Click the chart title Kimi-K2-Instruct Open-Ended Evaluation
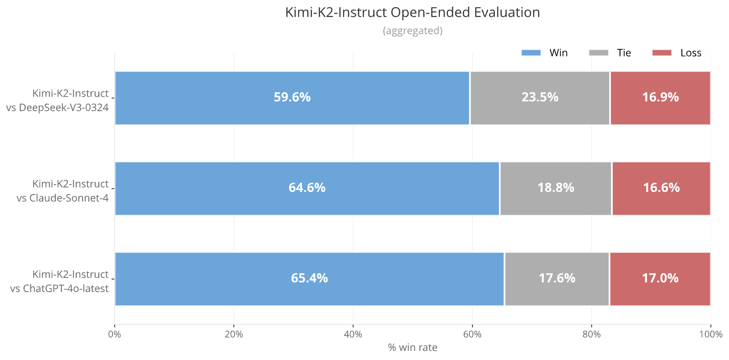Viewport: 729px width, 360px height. (x=412, y=13)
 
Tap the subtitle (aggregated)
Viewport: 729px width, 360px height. (x=412, y=31)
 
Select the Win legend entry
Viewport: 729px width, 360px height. (x=544, y=53)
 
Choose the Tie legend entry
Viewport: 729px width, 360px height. (x=610, y=53)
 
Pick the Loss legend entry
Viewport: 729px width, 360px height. (x=677, y=53)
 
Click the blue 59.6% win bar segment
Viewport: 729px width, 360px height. (x=292, y=98)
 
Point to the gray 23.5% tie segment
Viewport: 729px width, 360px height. (x=540, y=98)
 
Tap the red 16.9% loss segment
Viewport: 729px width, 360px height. (x=660, y=98)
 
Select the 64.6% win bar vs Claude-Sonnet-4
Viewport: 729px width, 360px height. (x=307, y=189)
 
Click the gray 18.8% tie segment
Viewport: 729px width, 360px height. (x=556, y=189)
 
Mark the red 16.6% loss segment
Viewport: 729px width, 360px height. (x=661, y=189)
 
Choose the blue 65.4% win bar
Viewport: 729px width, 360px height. (x=309, y=279)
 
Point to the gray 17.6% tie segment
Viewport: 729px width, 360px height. (x=557, y=279)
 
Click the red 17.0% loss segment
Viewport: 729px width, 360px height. (x=660, y=279)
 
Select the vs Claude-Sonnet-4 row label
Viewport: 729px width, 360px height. (x=63, y=198)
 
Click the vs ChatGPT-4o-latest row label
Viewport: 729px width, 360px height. (x=60, y=288)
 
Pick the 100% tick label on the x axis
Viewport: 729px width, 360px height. (x=711, y=334)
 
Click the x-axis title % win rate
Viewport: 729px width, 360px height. (x=412, y=348)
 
